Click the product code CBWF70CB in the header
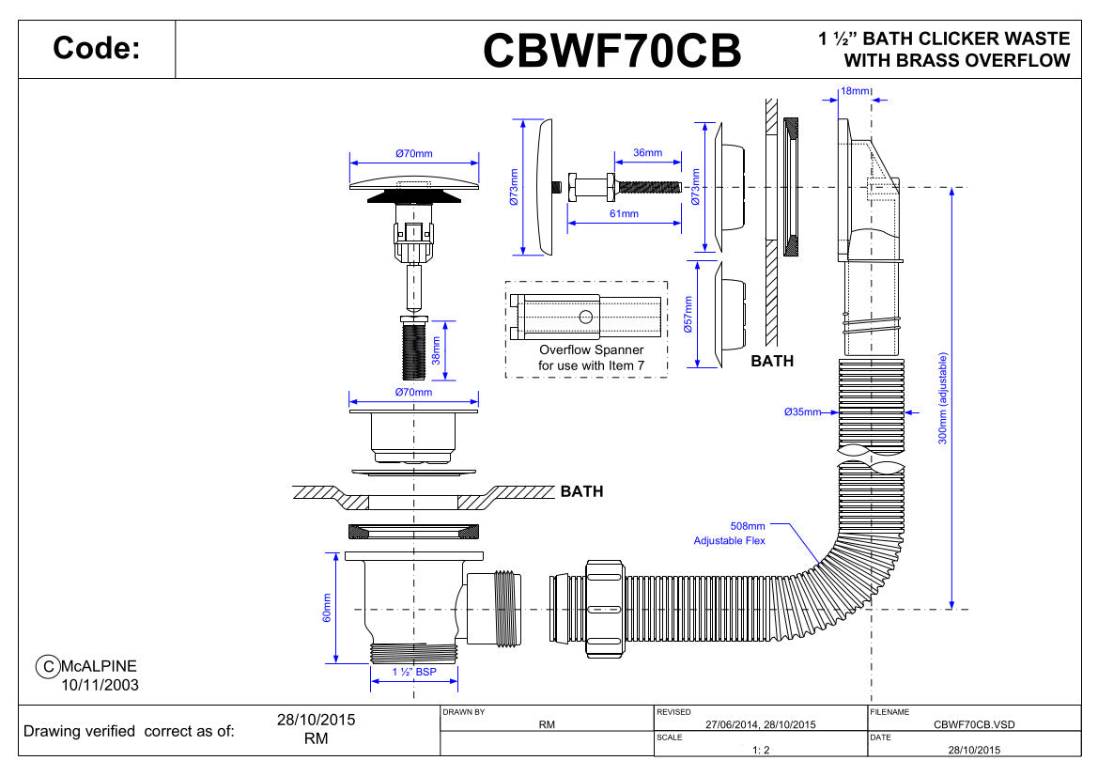(611, 50)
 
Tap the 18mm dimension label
(855, 90)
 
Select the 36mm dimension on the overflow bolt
(647, 152)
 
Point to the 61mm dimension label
(624, 213)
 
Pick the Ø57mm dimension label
(688, 318)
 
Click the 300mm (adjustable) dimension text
(943, 398)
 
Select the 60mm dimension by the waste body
(327, 608)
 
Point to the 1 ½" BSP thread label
(414, 672)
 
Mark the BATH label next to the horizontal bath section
(581, 491)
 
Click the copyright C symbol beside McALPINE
(45, 666)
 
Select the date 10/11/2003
(101, 685)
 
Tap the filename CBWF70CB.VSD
(975, 724)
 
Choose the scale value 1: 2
(761, 750)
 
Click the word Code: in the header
(97, 49)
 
